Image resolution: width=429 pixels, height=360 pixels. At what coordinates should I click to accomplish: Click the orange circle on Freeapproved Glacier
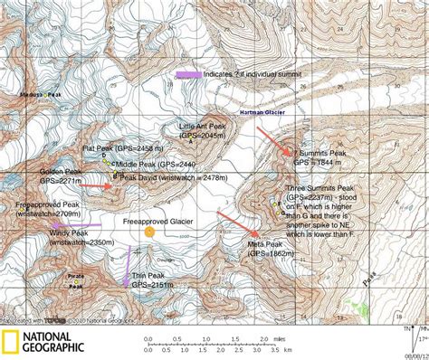(149, 232)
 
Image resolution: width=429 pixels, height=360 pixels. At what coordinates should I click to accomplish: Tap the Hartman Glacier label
(262, 113)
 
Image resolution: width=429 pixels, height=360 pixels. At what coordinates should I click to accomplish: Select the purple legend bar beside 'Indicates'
(189, 74)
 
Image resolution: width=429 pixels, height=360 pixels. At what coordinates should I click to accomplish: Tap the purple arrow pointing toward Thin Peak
(127, 267)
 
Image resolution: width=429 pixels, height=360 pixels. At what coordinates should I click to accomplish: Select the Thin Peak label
(147, 275)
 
